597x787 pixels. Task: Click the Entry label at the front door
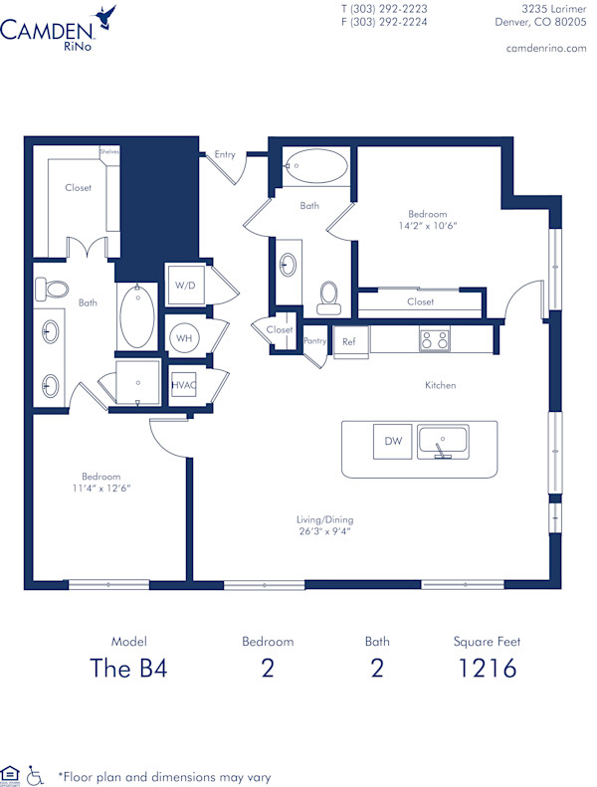[225, 154]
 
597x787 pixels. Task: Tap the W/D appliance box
[185, 286]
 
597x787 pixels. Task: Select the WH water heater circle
[184, 337]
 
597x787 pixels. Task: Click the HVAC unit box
[183, 383]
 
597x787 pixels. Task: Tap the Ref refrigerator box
[349, 341]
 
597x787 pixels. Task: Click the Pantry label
[314, 341]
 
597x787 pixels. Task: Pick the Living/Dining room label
[324, 519]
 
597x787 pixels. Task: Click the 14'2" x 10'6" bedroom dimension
[427, 226]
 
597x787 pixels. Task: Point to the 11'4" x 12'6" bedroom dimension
[101, 488]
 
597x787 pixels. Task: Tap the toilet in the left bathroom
[52, 289]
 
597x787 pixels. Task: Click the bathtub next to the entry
[315, 166]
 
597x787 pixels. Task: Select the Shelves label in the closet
[108, 151]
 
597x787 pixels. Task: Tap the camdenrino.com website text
[546, 48]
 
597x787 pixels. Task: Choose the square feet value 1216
[487, 668]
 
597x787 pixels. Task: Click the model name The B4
[128, 668]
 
